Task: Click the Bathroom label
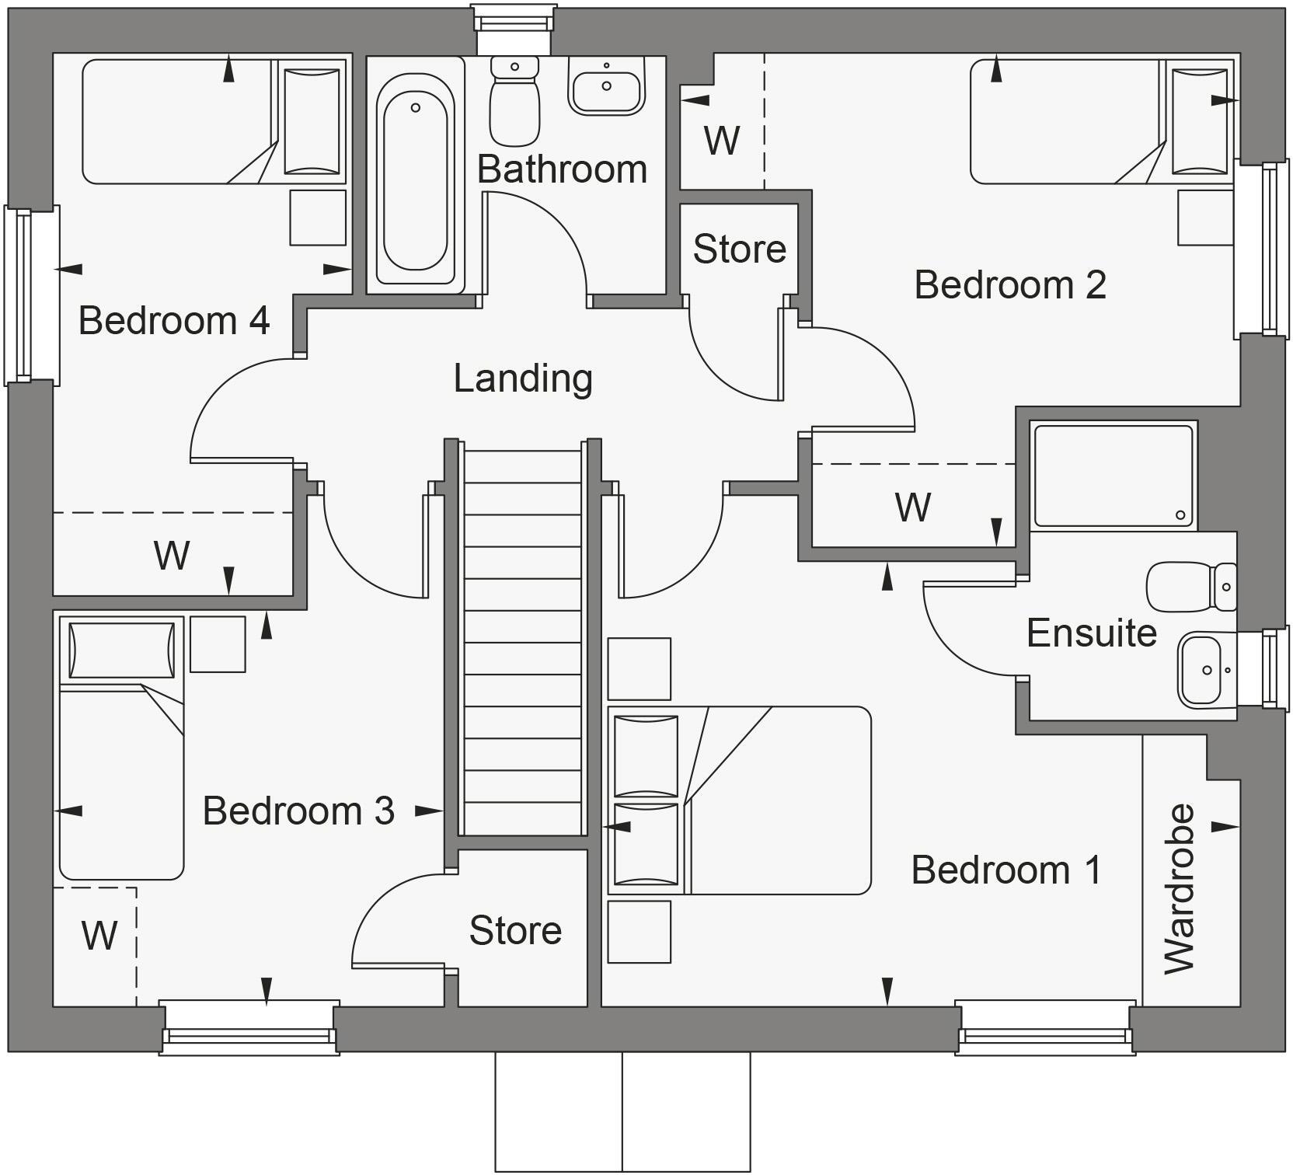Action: [562, 169]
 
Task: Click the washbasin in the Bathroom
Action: [607, 86]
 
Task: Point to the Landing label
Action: [523, 378]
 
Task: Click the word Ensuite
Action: [1091, 633]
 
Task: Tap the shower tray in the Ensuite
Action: [1113, 475]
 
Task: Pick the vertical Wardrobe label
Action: [1179, 889]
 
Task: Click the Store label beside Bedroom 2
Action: [739, 249]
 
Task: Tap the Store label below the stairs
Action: [515, 930]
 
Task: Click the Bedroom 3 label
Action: [298, 811]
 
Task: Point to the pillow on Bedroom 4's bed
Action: [312, 121]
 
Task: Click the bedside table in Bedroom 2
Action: [1205, 218]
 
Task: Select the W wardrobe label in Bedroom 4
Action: [172, 555]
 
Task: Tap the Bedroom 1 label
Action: [1006, 870]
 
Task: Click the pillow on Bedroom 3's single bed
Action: [121, 650]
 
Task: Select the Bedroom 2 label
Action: [1010, 284]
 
